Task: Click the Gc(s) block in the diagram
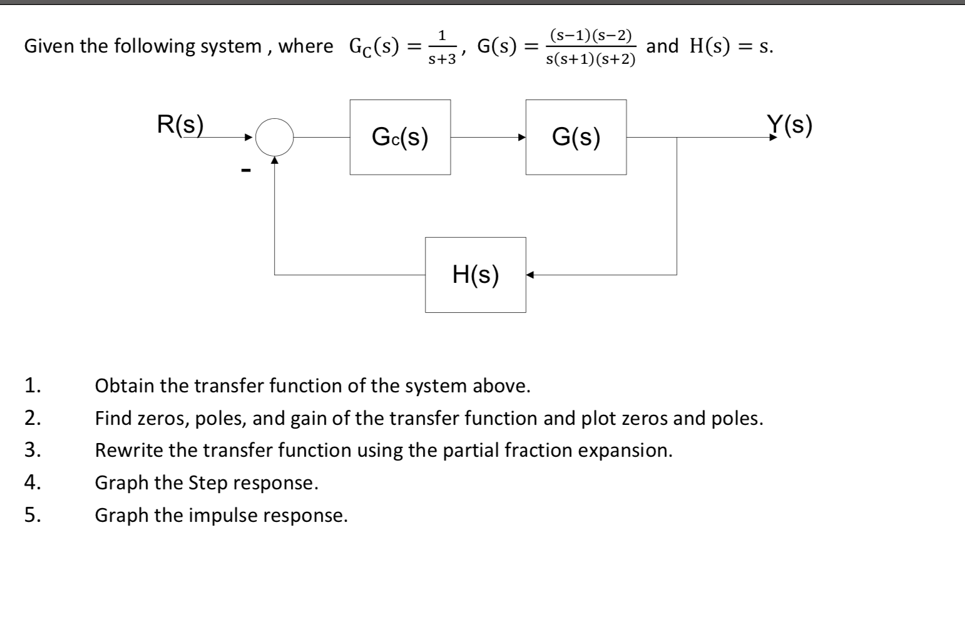point(400,137)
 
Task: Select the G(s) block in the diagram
point(576,137)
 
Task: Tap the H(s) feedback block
point(475,275)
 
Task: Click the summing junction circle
point(274,137)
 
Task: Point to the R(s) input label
point(180,125)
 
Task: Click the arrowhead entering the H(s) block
point(530,275)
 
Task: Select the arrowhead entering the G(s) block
point(520,137)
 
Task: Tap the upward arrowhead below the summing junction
point(274,160)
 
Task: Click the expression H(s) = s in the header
point(731,46)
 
